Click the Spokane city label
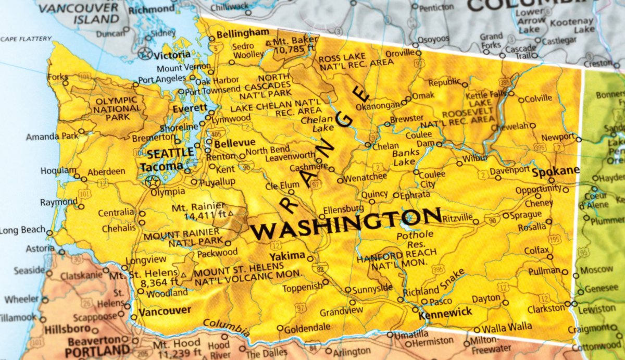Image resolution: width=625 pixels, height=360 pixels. click(555, 170)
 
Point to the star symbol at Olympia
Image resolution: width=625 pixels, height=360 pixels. click(152, 181)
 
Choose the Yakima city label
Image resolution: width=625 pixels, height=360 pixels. click(287, 255)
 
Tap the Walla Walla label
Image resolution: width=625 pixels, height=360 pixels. click(507, 327)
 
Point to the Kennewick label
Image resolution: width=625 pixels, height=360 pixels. click(445, 312)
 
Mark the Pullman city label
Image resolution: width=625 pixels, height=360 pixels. click(544, 272)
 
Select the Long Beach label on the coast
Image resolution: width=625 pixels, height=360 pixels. click(22, 230)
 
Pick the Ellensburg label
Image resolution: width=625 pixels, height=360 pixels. click(343, 210)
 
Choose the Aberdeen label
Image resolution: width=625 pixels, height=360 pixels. click(106, 171)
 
